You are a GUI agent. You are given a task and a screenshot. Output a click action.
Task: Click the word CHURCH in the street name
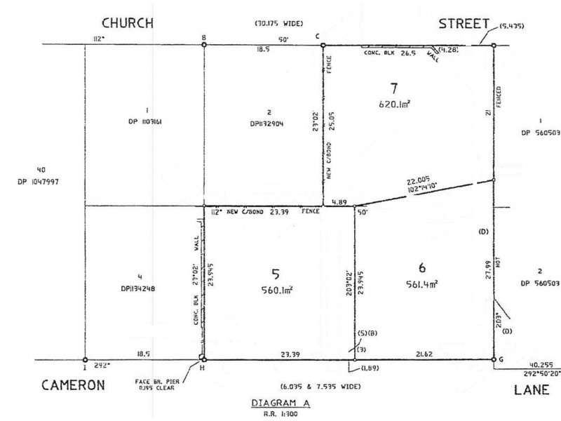(128, 22)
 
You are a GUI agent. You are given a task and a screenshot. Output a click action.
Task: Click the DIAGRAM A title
(278, 403)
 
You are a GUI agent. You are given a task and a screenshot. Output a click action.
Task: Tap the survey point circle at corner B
(204, 46)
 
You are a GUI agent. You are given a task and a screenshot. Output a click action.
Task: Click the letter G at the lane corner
(502, 359)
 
